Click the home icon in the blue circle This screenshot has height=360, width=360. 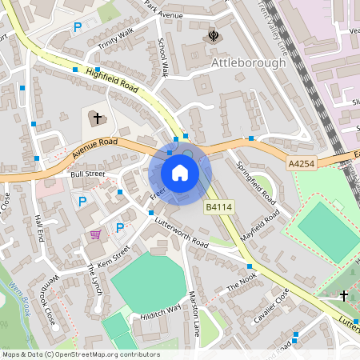click(x=180, y=173)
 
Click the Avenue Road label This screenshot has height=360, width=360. click(x=94, y=147)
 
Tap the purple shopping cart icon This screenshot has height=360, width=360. click(x=96, y=234)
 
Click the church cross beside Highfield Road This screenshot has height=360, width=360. click(x=98, y=118)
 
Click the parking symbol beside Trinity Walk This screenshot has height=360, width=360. click(x=78, y=27)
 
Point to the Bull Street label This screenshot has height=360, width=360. click(x=88, y=173)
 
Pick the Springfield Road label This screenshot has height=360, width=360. click(x=254, y=181)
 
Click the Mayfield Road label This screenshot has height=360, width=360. click(x=261, y=227)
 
